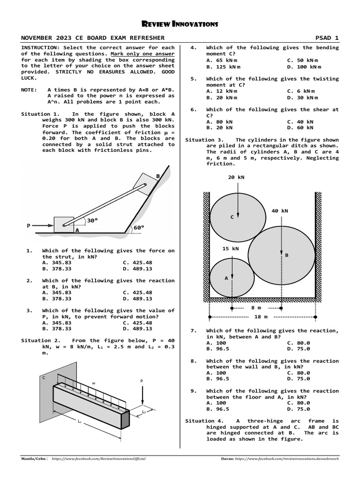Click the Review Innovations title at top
[x=180, y=24]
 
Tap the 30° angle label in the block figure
[x=92, y=220]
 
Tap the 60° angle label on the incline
[x=139, y=227]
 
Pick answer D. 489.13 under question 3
[x=137, y=329]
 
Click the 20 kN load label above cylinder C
[x=236, y=177]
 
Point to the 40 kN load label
[x=280, y=211]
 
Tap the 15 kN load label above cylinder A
[x=231, y=248]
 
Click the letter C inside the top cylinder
[x=232, y=217]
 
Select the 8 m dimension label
[x=256, y=307]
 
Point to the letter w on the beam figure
[x=94, y=383]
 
